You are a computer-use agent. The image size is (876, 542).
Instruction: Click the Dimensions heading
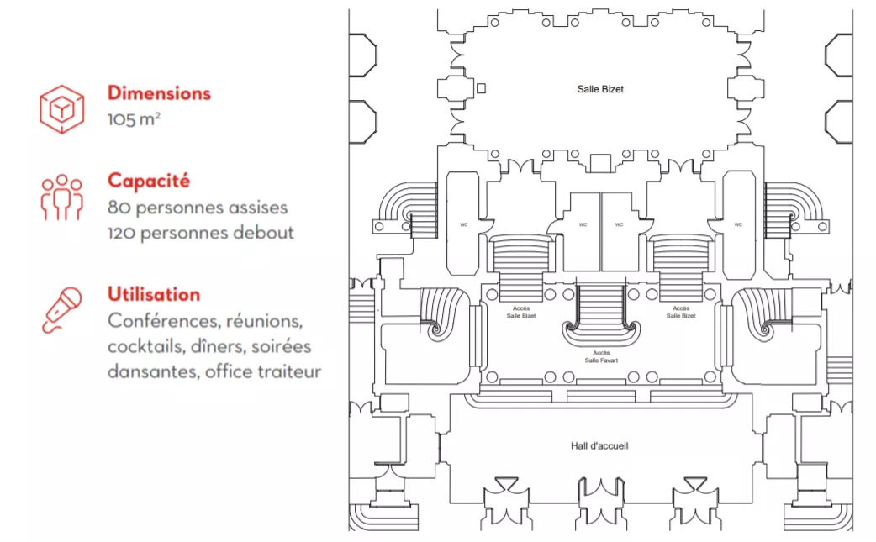point(159,93)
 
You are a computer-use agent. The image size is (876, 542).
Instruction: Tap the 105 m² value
point(134,118)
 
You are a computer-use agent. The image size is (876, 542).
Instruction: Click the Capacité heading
point(149,181)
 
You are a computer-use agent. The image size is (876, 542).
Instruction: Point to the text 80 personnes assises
point(198,207)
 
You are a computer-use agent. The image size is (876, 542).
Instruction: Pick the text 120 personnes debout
point(200,233)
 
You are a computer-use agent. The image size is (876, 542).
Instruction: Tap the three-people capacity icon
point(62,197)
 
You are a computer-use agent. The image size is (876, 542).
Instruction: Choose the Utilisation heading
point(154,294)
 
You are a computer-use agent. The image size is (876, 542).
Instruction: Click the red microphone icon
point(62,309)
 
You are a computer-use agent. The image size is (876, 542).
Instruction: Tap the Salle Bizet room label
point(600,89)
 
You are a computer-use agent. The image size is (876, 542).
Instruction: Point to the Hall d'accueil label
point(599,445)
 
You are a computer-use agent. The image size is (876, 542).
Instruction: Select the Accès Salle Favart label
point(600,356)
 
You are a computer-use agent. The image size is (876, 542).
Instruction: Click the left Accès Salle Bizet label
point(521,313)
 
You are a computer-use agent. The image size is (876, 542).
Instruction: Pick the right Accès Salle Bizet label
point(681,313)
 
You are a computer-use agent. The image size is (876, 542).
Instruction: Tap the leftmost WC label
point(463,224)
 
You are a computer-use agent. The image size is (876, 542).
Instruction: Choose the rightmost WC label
point(737,224)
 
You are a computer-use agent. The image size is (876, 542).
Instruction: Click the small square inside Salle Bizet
point(481,88)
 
